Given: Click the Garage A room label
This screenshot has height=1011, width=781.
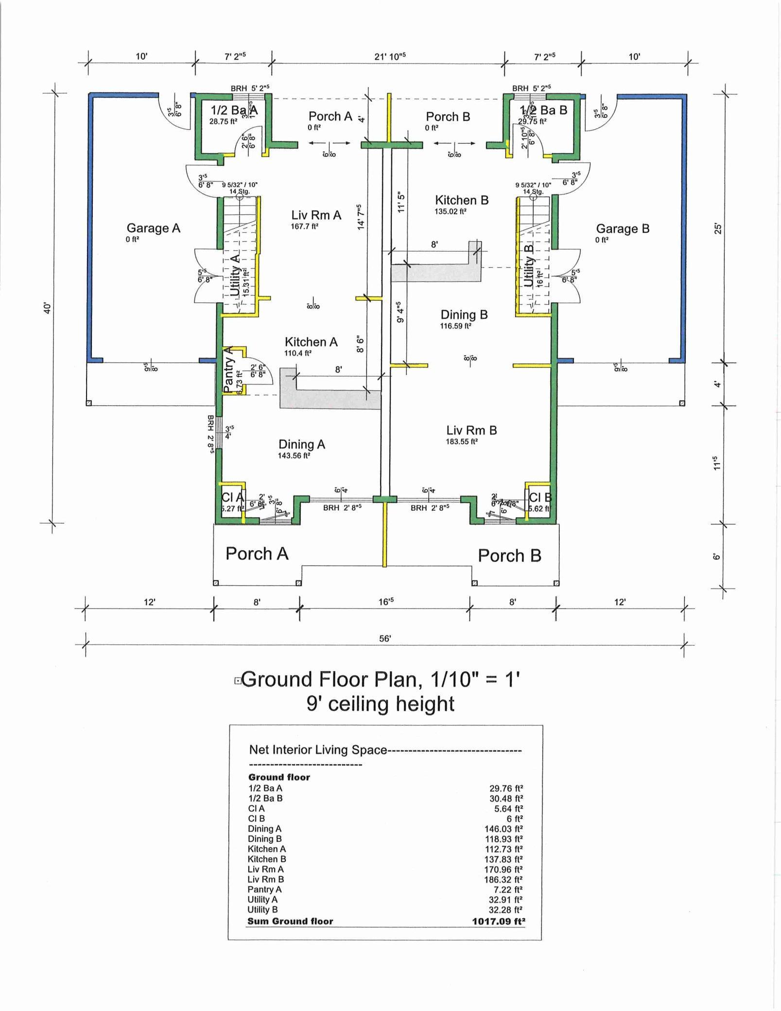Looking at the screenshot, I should click(x=153, y=228).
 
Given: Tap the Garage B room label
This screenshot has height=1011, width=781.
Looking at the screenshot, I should click(x=623, y=228).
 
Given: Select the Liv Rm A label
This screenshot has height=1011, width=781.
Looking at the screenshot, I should click(x=316, y=215).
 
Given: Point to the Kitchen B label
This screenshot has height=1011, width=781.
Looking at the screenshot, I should click(x=461, y=200).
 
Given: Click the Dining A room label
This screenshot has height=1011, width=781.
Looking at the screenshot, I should click(x=301, y=444).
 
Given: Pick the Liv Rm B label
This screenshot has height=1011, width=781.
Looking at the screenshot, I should click(x=471, y=430).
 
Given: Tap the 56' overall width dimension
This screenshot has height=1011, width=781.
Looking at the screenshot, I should click(x=384, y=638).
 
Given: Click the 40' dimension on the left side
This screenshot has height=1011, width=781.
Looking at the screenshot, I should click(x=47, y=308).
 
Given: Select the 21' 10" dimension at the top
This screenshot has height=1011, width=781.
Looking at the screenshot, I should click(x=390, y=56).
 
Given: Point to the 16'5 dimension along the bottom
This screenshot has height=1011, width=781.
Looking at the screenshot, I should click(x=386, y=602).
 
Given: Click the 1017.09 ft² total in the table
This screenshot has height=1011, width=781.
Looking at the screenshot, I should click(x=499, y=921).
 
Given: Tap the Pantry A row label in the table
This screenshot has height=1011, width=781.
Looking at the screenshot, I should click(x=264, y=889).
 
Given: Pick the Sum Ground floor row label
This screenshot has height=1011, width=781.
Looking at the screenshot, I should click(x=290, y=921).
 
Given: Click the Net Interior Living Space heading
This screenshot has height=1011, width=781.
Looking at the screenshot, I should click(x=318, y=750).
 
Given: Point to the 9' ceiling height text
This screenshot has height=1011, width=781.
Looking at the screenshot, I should click(x=380, y=703).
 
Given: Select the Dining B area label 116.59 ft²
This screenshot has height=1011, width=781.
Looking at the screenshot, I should click(x=456, y=326).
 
